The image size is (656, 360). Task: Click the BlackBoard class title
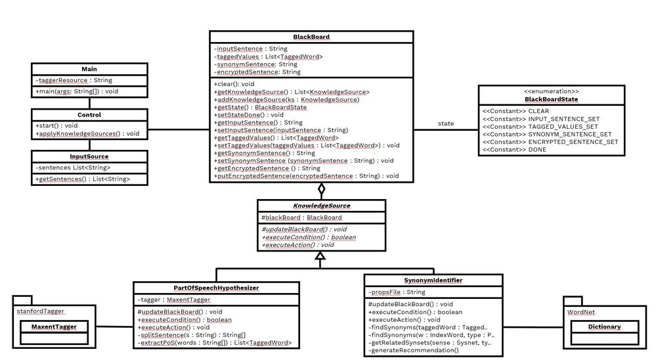point(312,37)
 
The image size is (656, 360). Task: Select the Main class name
point(89,69)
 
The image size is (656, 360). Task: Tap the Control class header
point(89,114)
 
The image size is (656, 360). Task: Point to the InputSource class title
point(89,157)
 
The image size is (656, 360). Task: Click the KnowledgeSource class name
point(322,206)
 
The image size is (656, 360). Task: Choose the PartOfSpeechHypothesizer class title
point(216,288)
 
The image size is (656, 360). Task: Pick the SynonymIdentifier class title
point(433,281)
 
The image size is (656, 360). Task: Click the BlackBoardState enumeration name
point(551,99)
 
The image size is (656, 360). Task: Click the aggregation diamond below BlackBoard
point(322,191)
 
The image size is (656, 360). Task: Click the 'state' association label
point(446,124)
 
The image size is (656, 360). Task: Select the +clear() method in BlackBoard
point(234,84)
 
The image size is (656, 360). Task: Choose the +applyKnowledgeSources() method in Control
point(87,133)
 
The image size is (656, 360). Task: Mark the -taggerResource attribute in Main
point(74,80)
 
